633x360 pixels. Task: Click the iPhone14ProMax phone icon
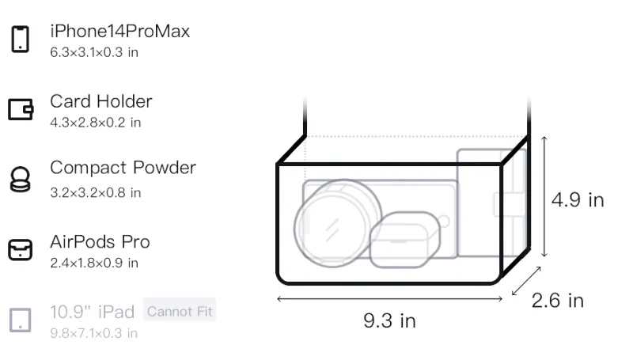21,39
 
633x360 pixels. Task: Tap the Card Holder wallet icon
21,109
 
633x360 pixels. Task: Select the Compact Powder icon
20,179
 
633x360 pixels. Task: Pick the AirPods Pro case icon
21,249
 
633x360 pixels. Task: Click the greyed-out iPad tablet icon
21,320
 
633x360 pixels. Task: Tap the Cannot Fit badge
180,311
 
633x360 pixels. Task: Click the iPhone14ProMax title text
120,32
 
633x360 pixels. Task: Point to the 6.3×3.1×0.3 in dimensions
94,52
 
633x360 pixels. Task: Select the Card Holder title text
101,101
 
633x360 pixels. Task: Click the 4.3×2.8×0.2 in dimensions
95,123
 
